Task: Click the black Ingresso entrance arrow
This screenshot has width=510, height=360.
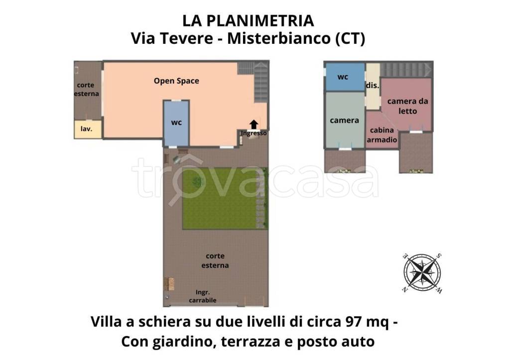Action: [x=254, y=124]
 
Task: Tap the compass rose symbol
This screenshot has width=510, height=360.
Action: [x=423, y=273]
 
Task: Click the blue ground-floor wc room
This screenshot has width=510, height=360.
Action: [x=176, y=123]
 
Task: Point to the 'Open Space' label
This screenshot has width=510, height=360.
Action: [x=176, y=81]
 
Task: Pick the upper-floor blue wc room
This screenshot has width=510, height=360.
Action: [x=344, y=77]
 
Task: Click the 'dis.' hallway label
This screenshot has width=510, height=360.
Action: [x=373, y=86]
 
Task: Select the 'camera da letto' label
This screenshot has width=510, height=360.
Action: [x=407, y=106]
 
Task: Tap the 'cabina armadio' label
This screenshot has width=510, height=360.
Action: [x=382, y=135]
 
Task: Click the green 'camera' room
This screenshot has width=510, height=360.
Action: [x=344, y=120]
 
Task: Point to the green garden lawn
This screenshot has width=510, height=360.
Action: [x=219, y=198]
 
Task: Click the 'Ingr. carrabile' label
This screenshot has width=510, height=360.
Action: [x=203, y=296]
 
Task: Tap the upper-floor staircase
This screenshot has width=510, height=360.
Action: [x=405, y=69]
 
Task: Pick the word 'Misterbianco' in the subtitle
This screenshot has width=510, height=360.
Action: [x=277, y=39]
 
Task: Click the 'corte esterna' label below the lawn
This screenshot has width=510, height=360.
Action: [x=215, y=260]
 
